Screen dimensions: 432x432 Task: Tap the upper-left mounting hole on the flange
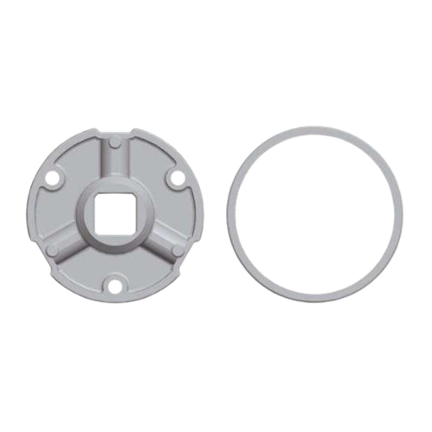click(52, 179)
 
